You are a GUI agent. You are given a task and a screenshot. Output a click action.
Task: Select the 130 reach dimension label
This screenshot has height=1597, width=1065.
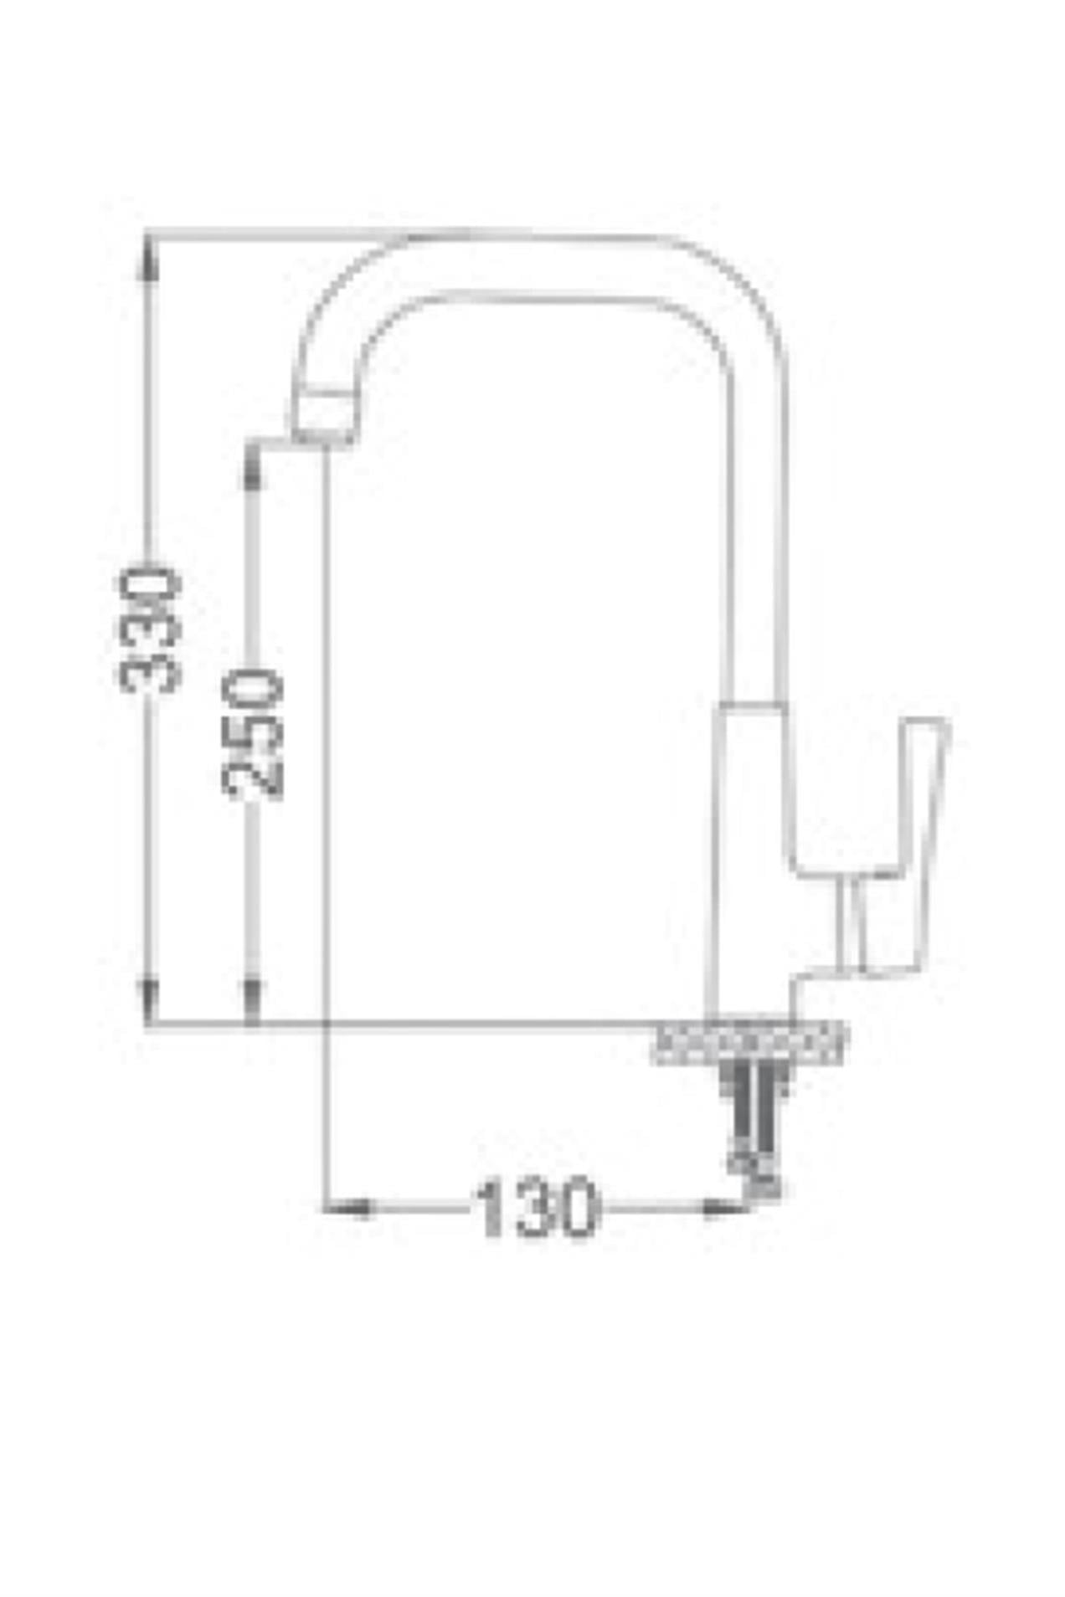coord(536,1206)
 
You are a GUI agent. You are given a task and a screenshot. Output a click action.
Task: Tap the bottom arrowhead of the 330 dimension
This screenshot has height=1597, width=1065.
coord(149,1000)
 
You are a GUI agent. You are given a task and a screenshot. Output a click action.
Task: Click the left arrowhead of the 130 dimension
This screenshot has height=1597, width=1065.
coord(348,1207)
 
